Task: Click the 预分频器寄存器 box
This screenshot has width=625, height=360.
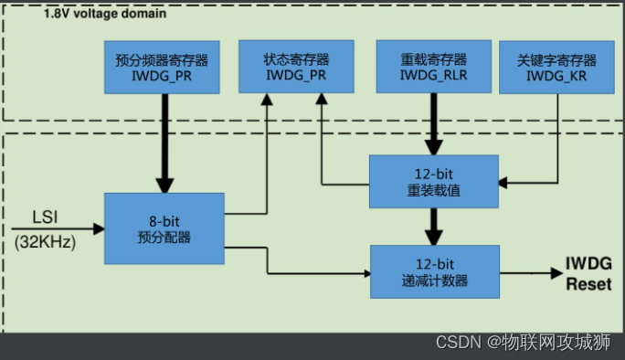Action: pyautogui.click(x=163, y=67)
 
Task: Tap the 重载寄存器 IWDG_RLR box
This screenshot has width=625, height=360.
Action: pyautogui.click(x=434, y=67)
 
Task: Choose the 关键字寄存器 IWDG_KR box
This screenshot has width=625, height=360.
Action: pyautogui.click(x=556, y=67)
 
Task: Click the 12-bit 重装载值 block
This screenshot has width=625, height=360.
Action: pyautogui.click(x=434, y=181)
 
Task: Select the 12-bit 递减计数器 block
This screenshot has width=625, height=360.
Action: pyautogui.click(x=434, y=271)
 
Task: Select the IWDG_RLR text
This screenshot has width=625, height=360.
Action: pyautogui.click(x=434, y=76)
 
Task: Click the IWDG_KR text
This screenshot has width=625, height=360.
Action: pyautogui.click(x=556, y=76)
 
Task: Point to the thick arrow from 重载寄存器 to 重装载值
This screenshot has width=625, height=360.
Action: pyautogui.click(x=434, y=123)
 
